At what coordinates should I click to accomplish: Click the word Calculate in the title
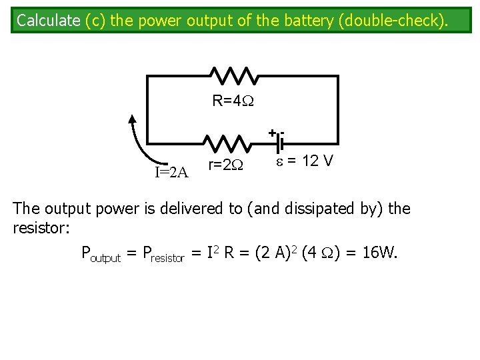[49, 20]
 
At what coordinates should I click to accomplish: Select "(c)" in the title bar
[96, 20]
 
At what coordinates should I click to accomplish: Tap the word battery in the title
[303, 20]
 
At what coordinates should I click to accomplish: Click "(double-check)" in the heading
[392, 20]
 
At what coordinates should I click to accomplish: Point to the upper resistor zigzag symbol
[231, 76]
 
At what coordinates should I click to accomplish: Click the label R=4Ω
[233, 101]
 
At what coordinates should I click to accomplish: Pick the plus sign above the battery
[272, 133]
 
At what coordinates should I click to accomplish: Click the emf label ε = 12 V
[305, 162]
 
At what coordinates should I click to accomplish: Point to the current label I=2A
[172, 173]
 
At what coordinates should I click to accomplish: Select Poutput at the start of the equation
[101, 253]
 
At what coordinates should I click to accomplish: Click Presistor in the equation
[162, 253]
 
